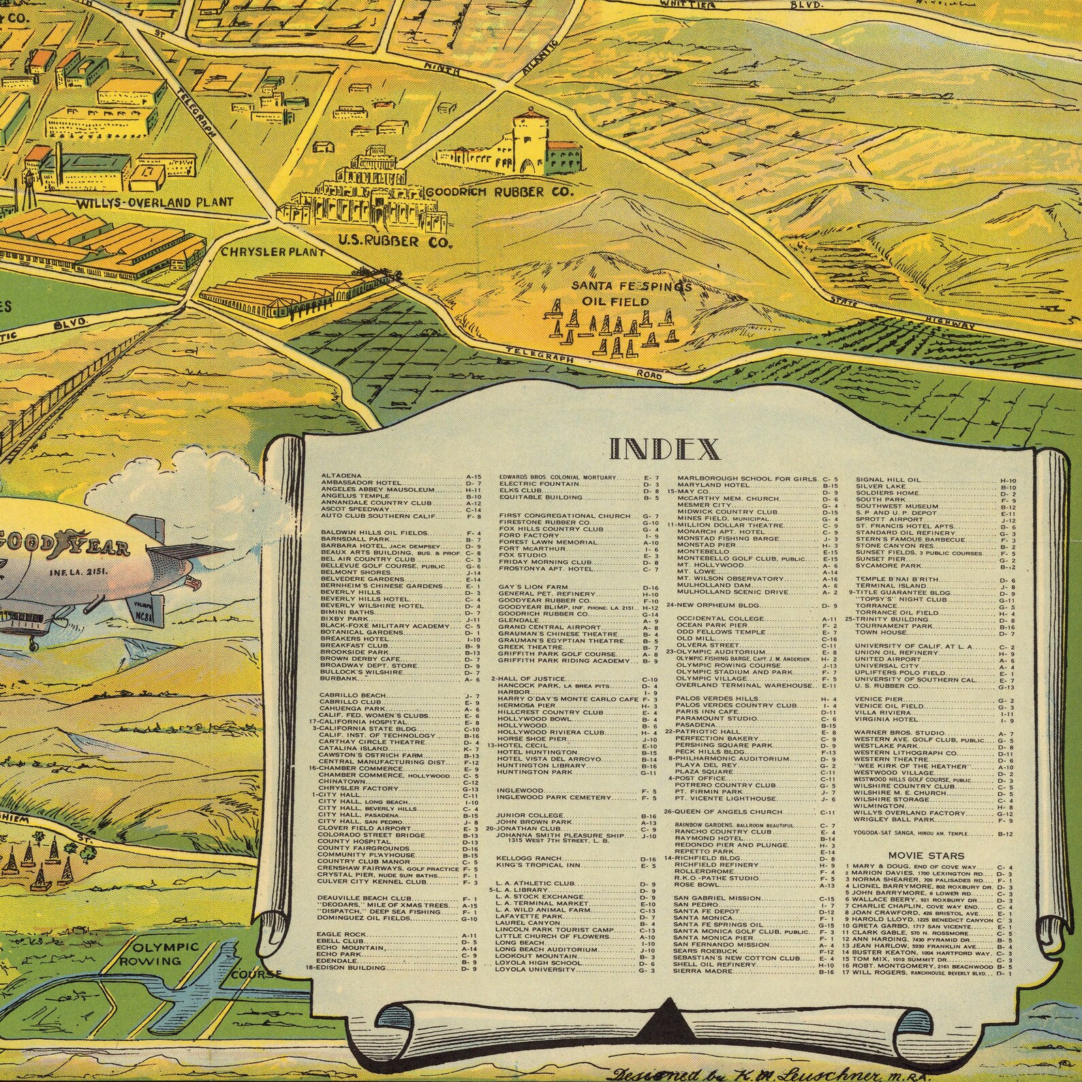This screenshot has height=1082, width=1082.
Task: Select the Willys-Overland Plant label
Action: click(154, 202)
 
